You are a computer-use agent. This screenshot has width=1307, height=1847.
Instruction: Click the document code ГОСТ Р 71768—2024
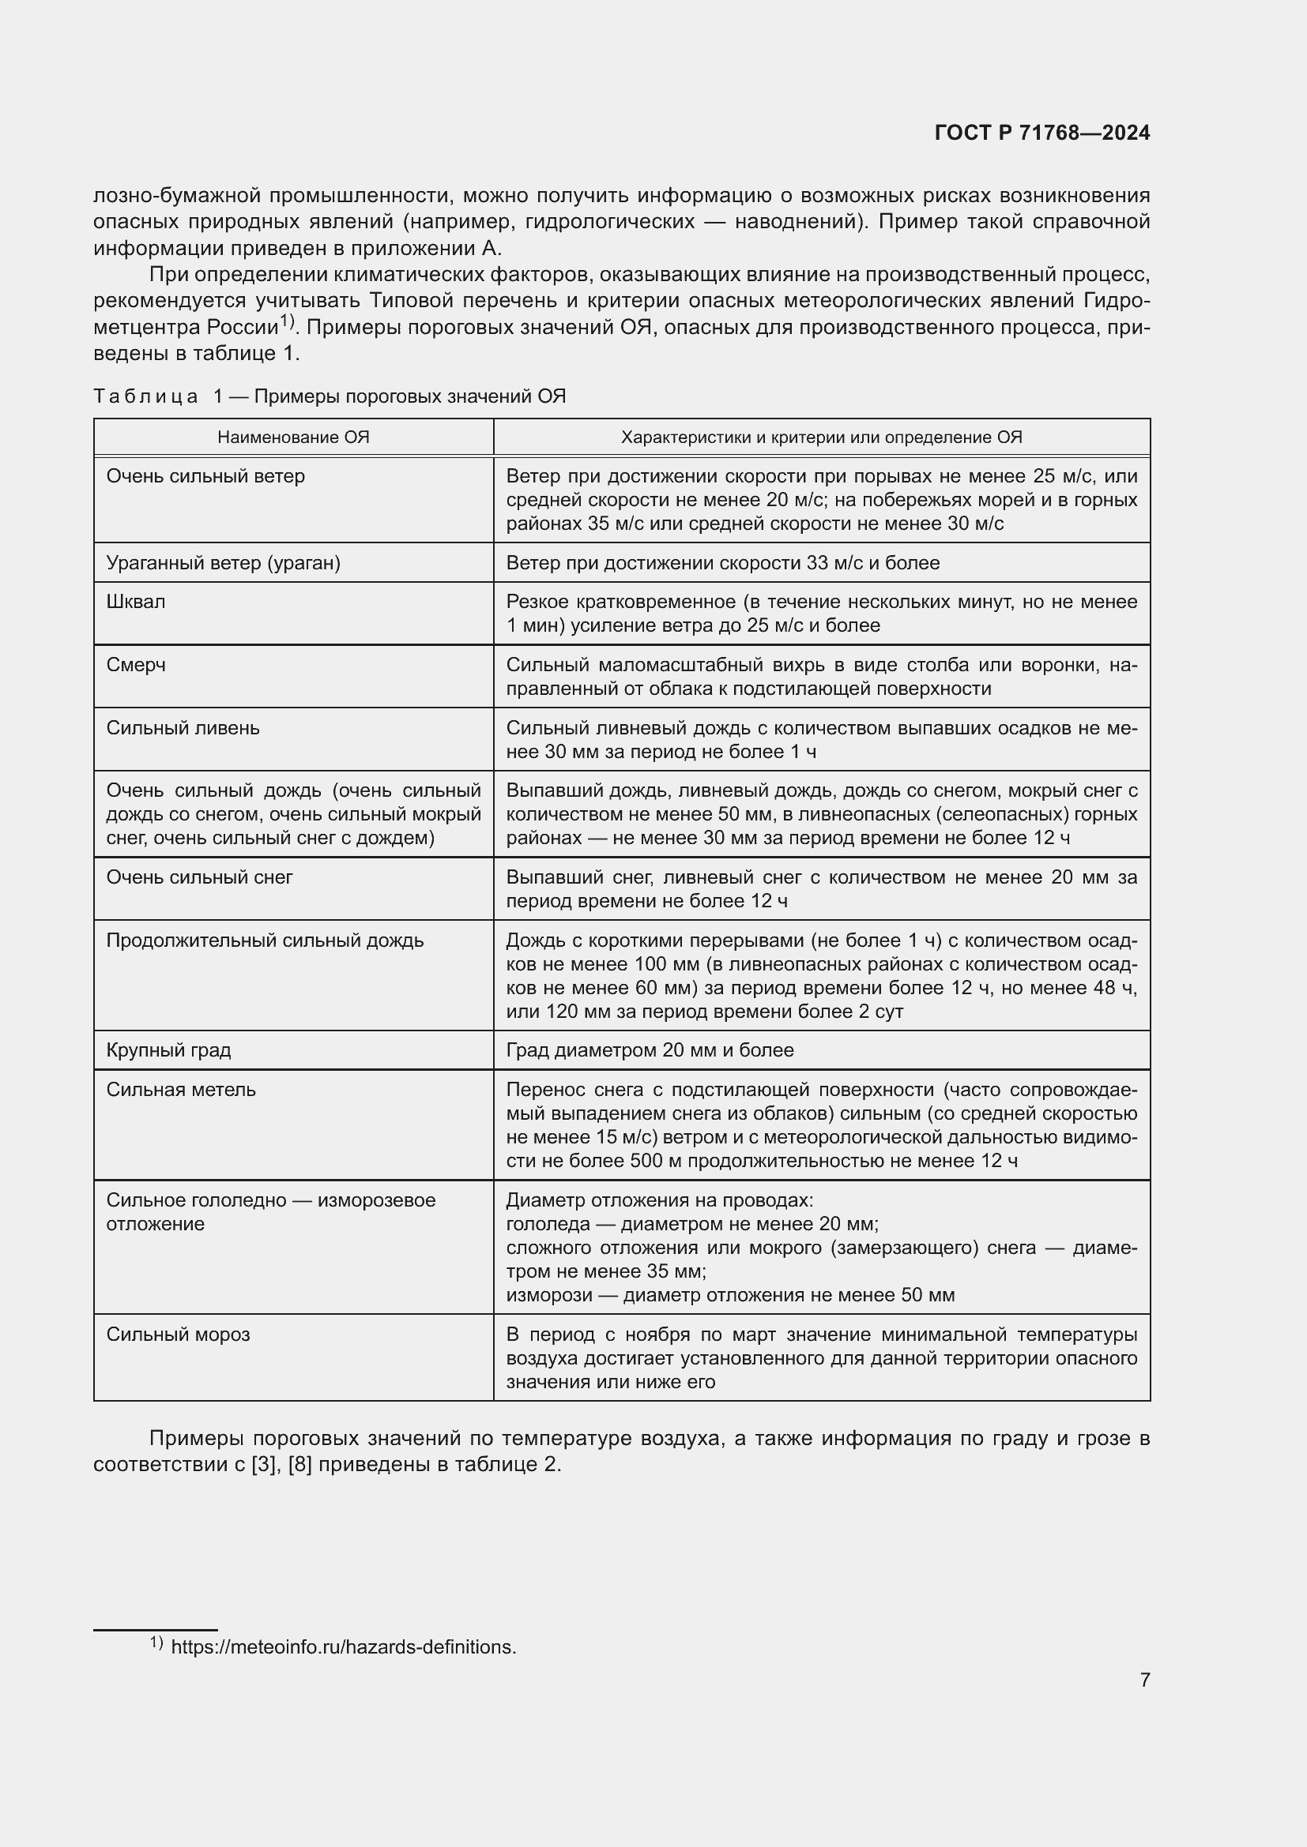[1041, 133]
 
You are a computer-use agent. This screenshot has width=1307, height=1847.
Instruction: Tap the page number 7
[1144, 1680]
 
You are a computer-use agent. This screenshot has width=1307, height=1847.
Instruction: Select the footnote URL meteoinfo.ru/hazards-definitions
[344, 1646]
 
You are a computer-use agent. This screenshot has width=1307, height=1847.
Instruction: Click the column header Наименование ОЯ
[293, 437]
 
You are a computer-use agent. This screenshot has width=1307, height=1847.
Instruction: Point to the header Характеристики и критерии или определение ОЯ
[821, 437]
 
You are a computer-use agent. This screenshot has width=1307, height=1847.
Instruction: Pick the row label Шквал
[136, 602]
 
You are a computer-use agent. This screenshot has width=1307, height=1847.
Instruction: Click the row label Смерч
[136, 665]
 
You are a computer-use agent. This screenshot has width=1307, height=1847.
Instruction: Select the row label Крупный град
[168, 1049]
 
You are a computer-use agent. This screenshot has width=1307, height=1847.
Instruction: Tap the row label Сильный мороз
[178, 1335]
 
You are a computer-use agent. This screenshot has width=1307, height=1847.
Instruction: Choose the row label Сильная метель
[181, 1090]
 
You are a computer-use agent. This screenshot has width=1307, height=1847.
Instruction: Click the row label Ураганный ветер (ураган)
[223, 563]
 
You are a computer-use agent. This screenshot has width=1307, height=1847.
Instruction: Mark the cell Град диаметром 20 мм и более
[650, 1049]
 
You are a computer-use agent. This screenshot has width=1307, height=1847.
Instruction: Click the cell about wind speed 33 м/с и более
[723, 563]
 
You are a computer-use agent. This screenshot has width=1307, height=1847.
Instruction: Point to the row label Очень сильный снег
[200, 877]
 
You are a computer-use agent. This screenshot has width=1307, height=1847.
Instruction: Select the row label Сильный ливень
[183, 728]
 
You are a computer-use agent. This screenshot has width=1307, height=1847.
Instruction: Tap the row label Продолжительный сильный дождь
[265, 940]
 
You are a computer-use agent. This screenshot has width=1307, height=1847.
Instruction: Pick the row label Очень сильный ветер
[205, 476]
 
